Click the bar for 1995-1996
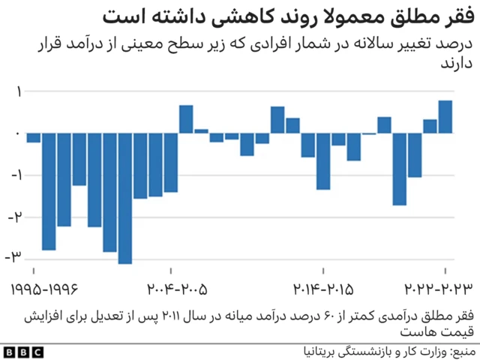tap(34, 137)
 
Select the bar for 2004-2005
tap(171, 162)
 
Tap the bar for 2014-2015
tap(323, 161)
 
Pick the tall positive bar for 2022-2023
tap(445, 117)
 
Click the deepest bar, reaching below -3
tap(125, 198)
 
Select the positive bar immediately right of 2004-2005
tap(186, 119)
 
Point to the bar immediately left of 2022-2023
tap(430, 126)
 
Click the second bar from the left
tap(49, 191)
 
